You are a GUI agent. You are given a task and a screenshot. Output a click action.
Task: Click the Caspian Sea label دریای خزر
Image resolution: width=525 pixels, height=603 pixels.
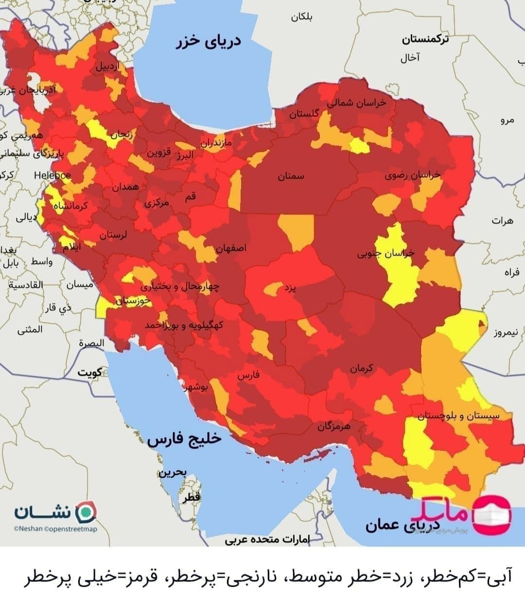click(x=209, y=42)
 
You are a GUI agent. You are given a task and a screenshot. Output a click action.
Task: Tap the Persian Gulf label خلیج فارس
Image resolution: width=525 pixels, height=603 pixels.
click(x=184, y=439)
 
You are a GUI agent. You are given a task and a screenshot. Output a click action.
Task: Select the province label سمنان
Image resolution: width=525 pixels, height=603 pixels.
click(x=291, y=177)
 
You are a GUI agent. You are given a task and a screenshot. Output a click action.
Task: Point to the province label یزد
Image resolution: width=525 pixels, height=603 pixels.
click(x=290, y=288)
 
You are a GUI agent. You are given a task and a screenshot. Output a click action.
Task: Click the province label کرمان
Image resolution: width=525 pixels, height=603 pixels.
click(x=361, y=369)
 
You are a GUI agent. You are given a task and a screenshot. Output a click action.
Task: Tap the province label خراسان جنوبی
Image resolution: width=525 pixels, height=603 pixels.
click(x=386, y=253)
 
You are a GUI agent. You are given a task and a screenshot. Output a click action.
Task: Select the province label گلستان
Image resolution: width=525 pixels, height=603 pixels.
click(x=304, y=114)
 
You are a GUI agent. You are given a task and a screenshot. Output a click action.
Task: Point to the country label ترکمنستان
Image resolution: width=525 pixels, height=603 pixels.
click(x=425, y=39)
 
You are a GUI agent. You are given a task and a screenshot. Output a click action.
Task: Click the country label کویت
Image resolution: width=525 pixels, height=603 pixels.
click(x=90, y=372)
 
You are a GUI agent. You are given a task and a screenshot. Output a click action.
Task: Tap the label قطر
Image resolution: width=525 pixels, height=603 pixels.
click(x=191, y=497)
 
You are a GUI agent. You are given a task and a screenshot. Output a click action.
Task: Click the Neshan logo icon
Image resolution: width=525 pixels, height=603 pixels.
click(x=87, y=511)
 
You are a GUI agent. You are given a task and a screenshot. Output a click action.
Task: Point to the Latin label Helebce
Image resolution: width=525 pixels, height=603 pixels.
click(x=52, y=176)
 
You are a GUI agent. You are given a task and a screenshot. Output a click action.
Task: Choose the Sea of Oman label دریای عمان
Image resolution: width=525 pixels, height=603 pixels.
click(x=403, y=525)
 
